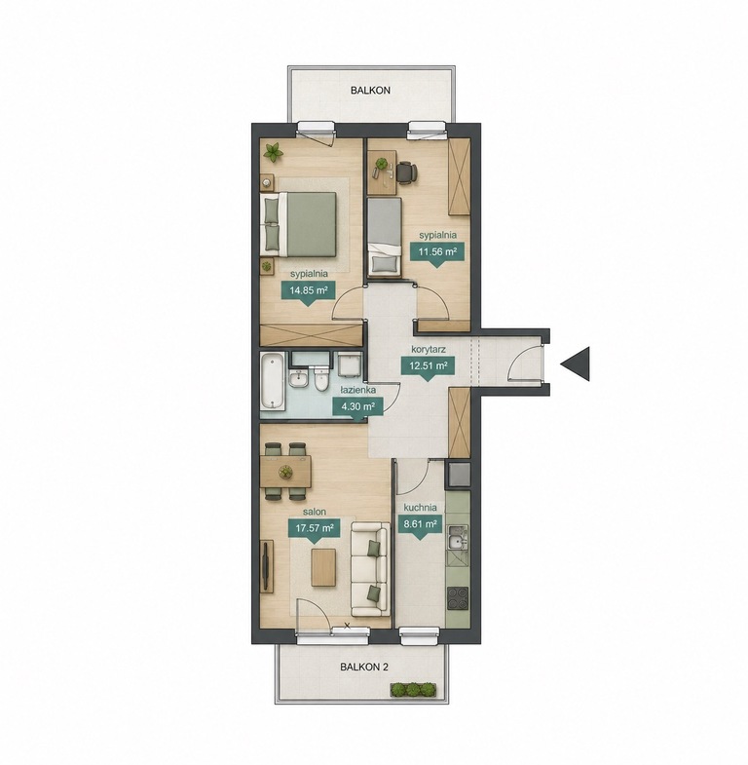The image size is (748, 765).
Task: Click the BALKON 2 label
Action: (364, 667)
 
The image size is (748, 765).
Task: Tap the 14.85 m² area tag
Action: (308, 291)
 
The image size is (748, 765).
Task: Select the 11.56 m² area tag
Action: (438, 253)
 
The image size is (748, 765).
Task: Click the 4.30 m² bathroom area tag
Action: (357, 407)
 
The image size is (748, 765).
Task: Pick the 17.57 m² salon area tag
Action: (315, 529)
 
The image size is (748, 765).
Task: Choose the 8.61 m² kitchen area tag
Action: (420, 526)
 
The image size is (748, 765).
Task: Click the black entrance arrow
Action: (576, 363)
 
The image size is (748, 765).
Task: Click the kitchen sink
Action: (458, 542)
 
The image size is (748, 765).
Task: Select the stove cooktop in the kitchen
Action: (458, 597)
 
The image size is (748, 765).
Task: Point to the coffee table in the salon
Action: (323, 568)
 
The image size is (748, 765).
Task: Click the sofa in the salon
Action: (370, 569)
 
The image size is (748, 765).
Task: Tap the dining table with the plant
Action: (285, 472)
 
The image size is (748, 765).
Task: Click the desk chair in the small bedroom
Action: (406, 172)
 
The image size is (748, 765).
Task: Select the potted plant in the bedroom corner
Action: (273, 152)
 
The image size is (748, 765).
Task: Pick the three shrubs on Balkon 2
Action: (413, 689)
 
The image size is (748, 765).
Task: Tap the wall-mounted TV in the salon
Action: (266, 566)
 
